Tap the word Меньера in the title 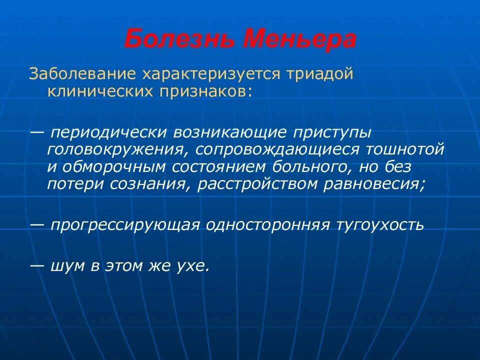tap(299, 39)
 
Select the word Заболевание tap(82, 73)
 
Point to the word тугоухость tap(379, 225)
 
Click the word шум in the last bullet tap(67, 266)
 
